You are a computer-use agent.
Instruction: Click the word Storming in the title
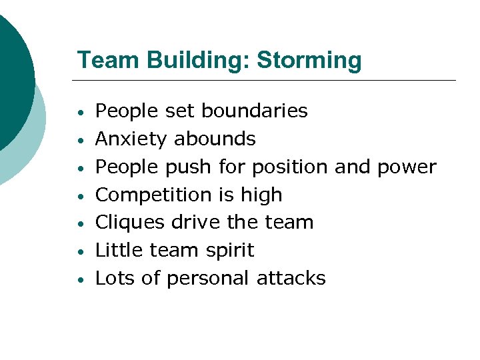click(309, 61)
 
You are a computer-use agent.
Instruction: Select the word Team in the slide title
click(101, 61)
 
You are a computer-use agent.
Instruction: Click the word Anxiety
click(131, 139)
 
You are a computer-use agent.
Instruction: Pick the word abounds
click(215, 139)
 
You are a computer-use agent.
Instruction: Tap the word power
click(407, 167)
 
